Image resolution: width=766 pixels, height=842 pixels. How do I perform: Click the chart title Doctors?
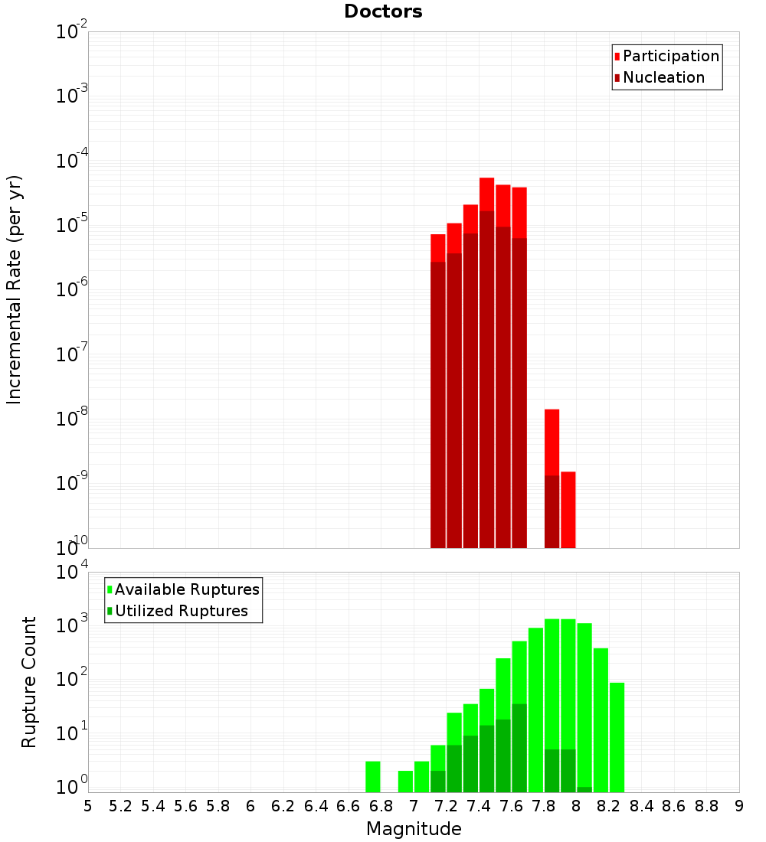click(383, 11)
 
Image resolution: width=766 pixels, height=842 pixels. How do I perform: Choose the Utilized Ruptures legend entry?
click(181, 611)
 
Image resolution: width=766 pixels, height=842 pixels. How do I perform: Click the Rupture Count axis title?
click(29, 682)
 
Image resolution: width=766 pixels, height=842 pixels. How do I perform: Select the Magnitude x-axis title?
click(414, 829)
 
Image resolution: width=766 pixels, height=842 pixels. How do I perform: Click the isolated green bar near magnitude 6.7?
click(373, 777)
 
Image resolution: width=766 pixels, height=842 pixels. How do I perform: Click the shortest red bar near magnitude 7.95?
click(568, 509)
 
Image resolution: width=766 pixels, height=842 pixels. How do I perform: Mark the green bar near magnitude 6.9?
click(405, 782)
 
